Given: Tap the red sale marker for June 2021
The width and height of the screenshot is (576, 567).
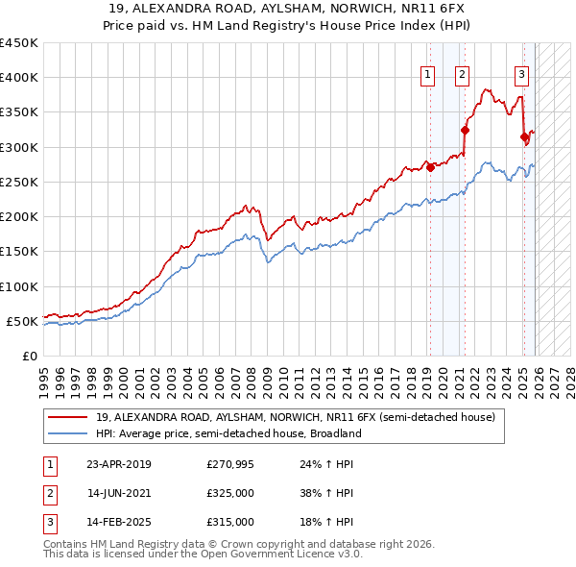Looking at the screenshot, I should [x=465, y=130].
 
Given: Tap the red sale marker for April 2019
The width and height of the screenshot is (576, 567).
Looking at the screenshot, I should [x=430, y=167].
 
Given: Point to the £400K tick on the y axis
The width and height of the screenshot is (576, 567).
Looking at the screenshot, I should [x=19, y=78].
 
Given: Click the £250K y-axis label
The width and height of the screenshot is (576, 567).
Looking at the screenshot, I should [x=19, y=182].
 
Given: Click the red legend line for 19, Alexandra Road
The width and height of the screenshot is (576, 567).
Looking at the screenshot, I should [x=68, y=418].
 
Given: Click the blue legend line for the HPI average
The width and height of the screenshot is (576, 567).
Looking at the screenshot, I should [x=68, y=433].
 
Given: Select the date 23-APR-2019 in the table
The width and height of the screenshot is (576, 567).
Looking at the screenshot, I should [x=119, y=464].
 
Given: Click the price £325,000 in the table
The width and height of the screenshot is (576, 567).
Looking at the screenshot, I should [x=230, y=493].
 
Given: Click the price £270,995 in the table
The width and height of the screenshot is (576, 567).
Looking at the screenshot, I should [x=230, y=464].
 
